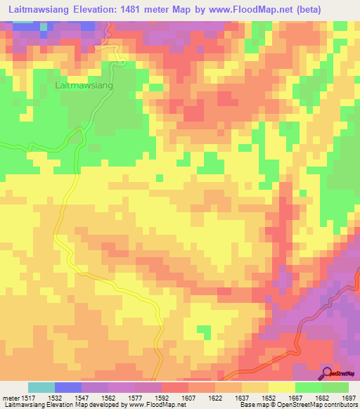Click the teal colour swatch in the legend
(x=41, y=387)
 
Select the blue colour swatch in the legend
(x=68, y=387)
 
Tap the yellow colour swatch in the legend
(x=282, y=387)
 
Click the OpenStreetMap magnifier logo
(x=327, y=372)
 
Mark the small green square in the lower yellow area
(x=204, y=330)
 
